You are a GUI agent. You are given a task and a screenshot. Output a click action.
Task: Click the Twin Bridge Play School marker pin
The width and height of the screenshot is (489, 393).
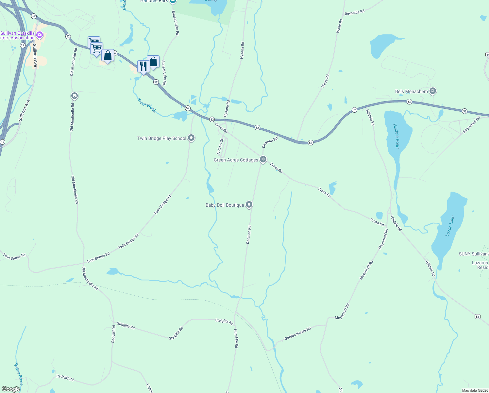(x=192, y=138)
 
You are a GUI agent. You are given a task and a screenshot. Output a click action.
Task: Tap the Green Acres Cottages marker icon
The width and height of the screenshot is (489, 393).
(x=263, y=159)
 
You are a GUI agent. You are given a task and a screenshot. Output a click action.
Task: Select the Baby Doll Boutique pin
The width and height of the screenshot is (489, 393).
(x=249, y=205)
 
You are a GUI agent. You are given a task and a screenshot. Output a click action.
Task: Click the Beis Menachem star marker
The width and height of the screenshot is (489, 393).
(x=433, y=91)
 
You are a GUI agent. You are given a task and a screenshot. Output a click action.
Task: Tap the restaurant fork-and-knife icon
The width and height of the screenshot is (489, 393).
(x=143, y=66)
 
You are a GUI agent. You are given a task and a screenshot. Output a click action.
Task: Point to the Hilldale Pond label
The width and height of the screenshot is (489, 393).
(x=396, y=136)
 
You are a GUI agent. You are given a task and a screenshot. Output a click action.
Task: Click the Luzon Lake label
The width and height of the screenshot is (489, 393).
(x=450, y=226)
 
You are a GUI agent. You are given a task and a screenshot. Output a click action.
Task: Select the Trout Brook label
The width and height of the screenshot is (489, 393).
(x=147, y=105)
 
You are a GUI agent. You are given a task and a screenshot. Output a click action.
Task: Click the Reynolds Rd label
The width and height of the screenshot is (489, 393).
(x=354, y=12)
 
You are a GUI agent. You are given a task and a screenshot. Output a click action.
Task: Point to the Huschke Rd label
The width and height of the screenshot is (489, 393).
(x=236, y=338)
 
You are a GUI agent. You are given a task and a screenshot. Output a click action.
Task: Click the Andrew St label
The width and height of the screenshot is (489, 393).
(x=220, y=146)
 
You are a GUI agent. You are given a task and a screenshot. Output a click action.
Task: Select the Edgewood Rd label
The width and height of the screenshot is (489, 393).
(x=471, y=125)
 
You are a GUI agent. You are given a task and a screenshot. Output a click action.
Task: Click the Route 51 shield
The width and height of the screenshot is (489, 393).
(x=478, y=316)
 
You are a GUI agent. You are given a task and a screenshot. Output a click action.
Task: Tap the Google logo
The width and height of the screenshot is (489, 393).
(x=11, y=389)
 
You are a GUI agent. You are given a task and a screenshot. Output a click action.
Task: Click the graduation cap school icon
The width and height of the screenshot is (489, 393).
(x=74, y=96)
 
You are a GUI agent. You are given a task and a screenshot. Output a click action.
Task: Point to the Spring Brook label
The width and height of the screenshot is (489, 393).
(x=19, y=373)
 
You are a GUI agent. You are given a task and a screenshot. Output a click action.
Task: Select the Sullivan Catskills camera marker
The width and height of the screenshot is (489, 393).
(x=40, y=34)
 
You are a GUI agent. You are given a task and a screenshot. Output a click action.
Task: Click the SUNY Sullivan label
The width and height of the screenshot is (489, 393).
(x=473, y=254)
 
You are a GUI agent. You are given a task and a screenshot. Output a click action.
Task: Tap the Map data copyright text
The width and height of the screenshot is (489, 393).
(x=474, y=390)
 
